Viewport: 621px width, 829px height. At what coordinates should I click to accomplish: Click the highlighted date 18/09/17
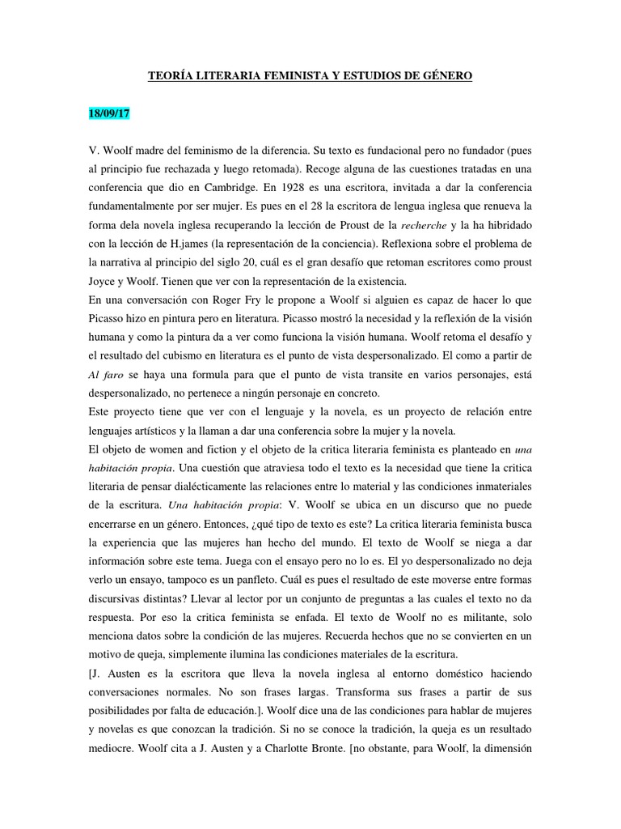tap(109, 114)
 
